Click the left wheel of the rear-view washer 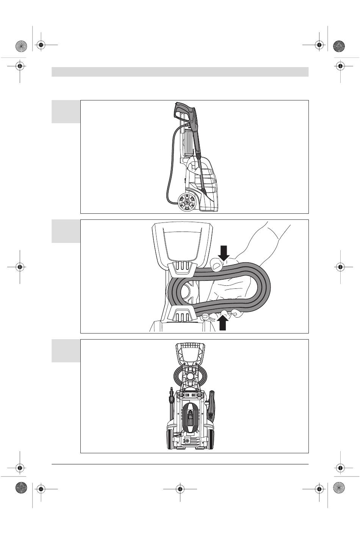point(169,440)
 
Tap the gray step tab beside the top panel point(66,111)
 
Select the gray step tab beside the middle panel point(66,231)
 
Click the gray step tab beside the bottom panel point(66,351)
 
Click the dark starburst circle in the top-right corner point(339,46)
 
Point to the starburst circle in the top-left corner point(21,46)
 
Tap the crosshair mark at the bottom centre point(180,489)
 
